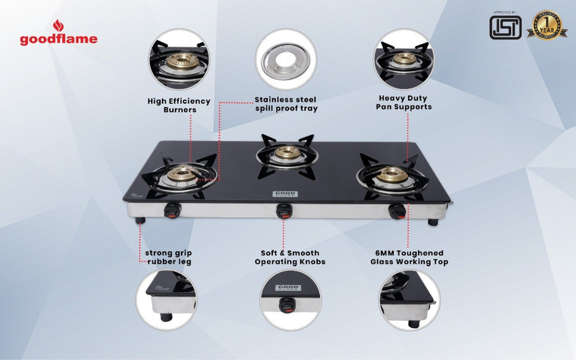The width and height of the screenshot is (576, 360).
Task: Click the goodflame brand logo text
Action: point(58,39)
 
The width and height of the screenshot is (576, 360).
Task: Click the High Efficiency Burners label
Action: point(179,105)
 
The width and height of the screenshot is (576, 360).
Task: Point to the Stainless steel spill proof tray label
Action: point(286,104)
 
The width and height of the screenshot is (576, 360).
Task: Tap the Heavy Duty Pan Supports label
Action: point(405,102)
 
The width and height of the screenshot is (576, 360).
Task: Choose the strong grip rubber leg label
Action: point(168,258)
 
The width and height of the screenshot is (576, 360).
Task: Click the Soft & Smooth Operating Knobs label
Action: point(290,258)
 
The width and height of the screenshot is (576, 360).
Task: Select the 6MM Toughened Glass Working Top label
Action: point(409,258)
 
